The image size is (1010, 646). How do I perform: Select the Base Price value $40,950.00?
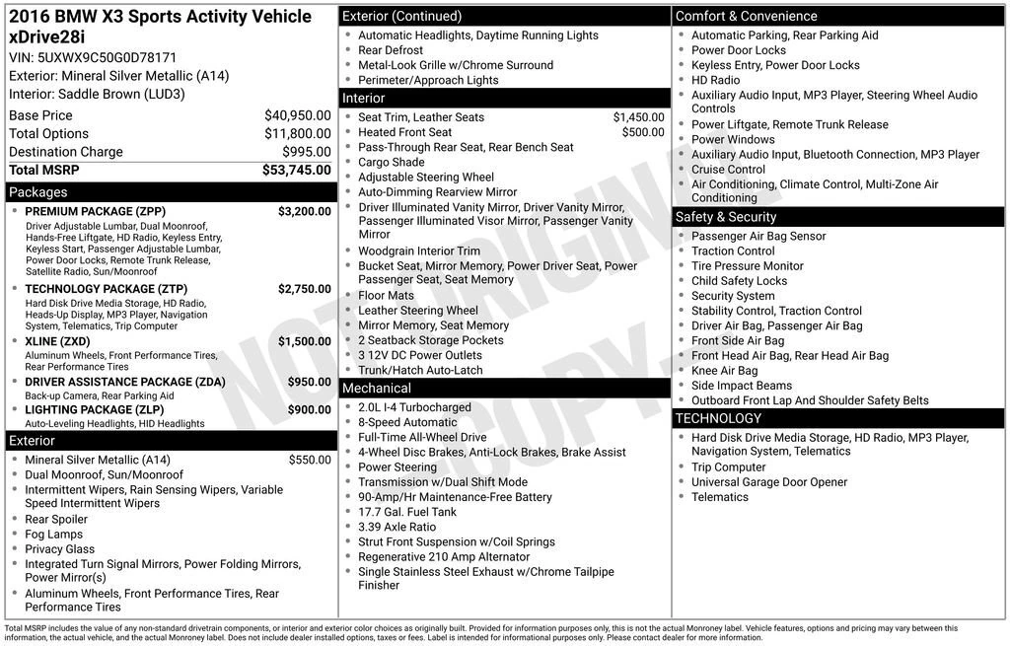(297, 115)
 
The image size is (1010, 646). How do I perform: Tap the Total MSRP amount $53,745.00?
(296, 171)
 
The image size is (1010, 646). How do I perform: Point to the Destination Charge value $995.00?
(306, 152)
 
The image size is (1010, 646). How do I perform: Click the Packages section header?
(38, 192)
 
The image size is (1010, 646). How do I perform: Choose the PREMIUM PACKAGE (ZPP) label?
(95, 211)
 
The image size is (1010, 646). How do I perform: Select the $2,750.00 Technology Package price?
(304, 289)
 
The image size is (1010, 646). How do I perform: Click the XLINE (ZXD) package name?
(57, 341)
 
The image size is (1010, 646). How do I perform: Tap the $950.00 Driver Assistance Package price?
(309, 382)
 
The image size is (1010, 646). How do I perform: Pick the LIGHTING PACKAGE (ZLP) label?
(95, 409)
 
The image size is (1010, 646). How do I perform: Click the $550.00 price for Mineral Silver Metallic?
(310, 460)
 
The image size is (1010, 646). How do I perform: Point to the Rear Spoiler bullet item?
(56, 519)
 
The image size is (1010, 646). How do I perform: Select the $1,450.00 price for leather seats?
(638, 117)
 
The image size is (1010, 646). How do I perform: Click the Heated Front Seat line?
(404, 132)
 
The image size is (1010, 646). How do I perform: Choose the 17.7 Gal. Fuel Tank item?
(407, 512)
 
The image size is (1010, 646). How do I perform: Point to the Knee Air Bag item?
(724, 371)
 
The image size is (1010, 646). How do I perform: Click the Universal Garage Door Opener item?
(769, 482)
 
